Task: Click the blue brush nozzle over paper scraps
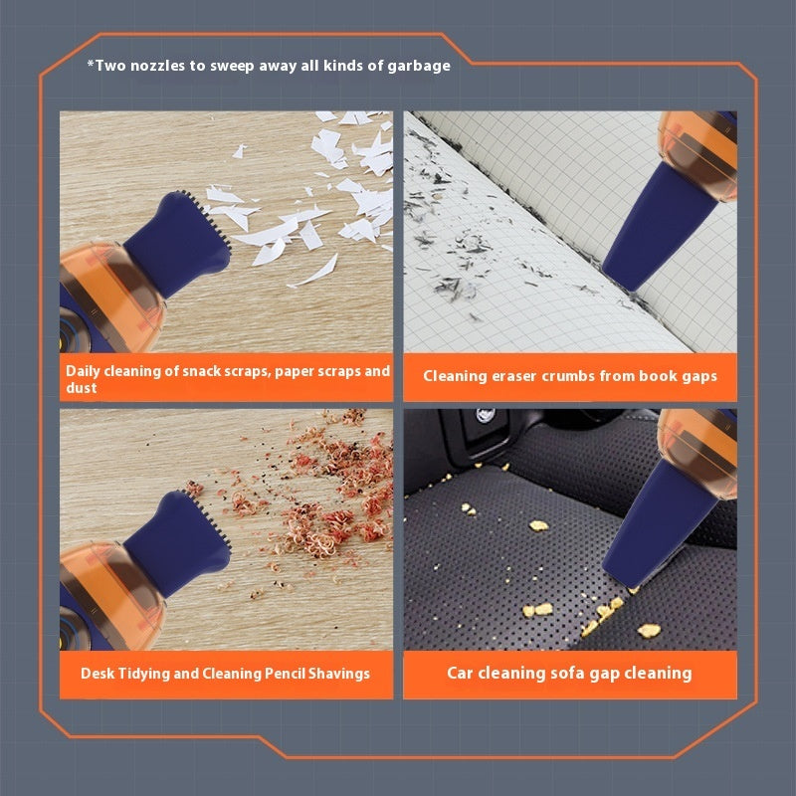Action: coord(178,244)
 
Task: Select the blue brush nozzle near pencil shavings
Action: coord(178,542)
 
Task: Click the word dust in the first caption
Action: coord(82,388)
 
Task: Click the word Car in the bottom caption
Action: coord(460,674)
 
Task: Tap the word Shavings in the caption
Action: coord(339,674)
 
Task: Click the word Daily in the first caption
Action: coord(83,371)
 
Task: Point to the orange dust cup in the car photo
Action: coord(699,452)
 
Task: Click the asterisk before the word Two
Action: coord(91,64)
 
